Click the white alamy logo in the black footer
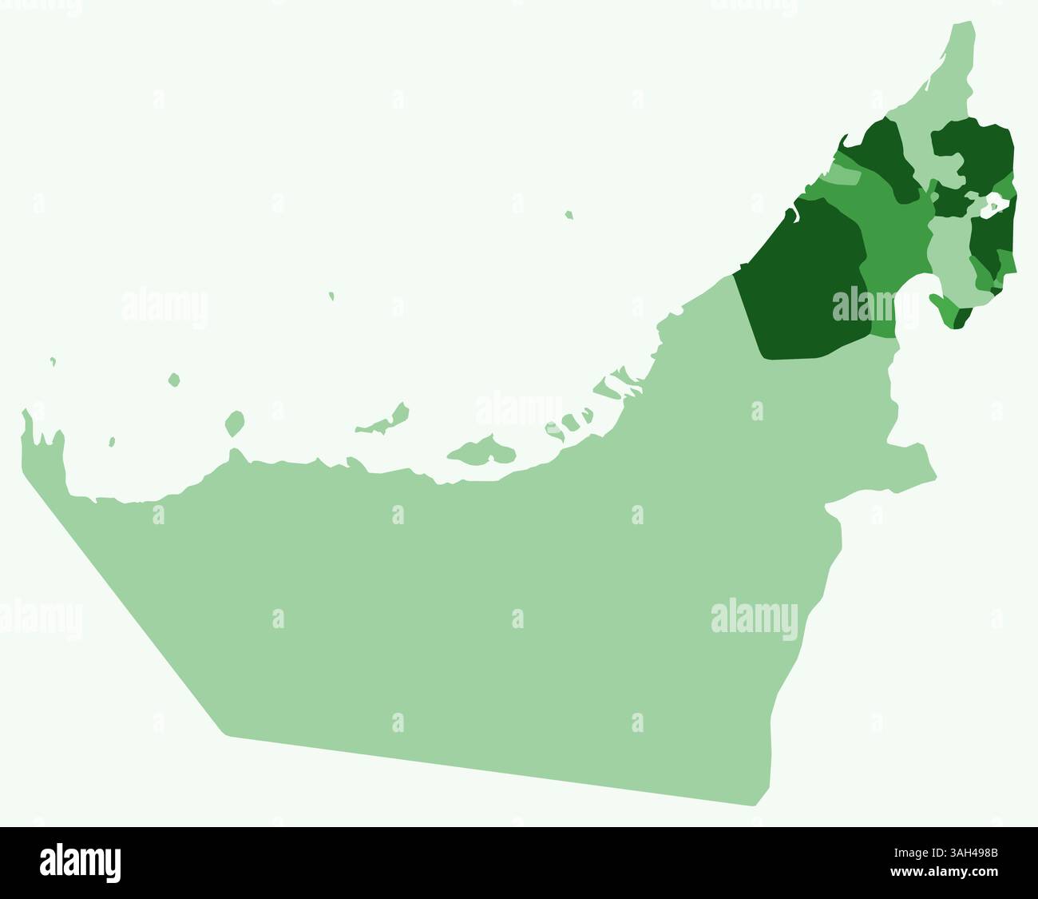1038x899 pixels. [80, 863]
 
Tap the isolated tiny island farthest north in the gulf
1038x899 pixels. [569, 214]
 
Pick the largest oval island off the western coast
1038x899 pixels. [234, 423]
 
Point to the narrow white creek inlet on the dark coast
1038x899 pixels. [793, 213]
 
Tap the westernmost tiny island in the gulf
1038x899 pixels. [53, 361]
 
